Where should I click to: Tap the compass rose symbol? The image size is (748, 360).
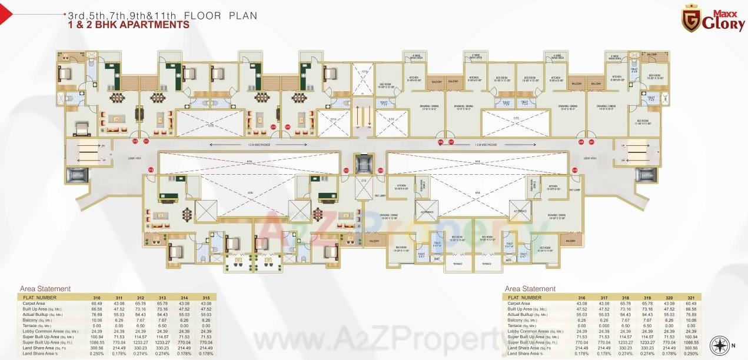721,345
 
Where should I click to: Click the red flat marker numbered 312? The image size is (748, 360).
151,170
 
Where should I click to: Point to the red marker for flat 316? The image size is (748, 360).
440,142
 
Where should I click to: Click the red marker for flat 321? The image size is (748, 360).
591,142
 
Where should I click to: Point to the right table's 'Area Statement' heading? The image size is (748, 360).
530,289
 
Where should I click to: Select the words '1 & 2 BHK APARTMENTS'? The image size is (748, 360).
129,25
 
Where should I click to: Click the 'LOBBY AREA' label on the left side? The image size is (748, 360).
135,158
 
